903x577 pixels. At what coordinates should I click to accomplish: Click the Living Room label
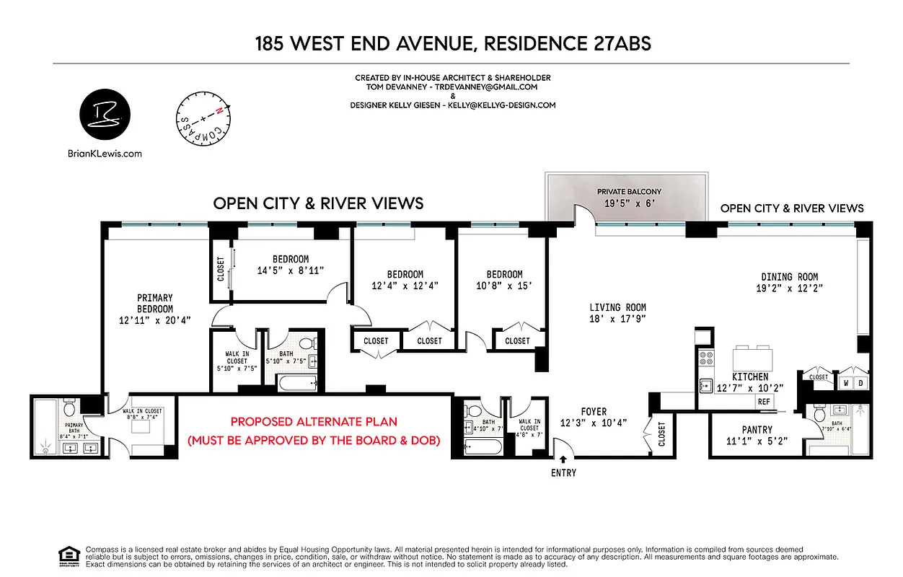coord(617,307)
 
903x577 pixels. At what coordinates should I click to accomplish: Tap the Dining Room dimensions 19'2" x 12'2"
coord(789,288)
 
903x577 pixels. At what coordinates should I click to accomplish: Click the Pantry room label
coord(757,430)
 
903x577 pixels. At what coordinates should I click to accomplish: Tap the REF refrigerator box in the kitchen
coord(763,402)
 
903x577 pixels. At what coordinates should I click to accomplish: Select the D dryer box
coord(862,383)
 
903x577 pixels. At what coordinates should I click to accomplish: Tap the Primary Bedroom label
coord(155,303)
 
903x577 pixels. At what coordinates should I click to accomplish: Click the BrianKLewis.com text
coord(105,153)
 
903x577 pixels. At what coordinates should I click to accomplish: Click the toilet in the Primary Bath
coord(70,409)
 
